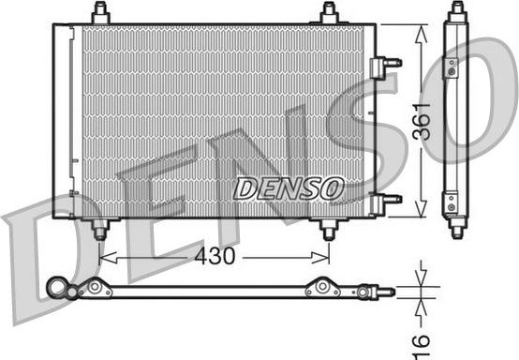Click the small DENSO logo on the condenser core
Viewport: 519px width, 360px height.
coord(288,188)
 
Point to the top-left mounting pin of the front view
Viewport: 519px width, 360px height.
coord(101,13)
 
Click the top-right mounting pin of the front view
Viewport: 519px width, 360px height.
coord(329,13)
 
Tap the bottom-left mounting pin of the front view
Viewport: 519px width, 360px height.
coord(100,229)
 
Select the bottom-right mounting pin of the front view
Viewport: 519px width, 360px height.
coord(328,229)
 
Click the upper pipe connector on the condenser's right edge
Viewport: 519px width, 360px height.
coord(386,63)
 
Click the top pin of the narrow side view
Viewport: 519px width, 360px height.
coord(456,10)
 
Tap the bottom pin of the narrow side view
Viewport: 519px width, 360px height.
coord(456,228)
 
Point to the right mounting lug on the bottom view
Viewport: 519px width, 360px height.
coord(321,289)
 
